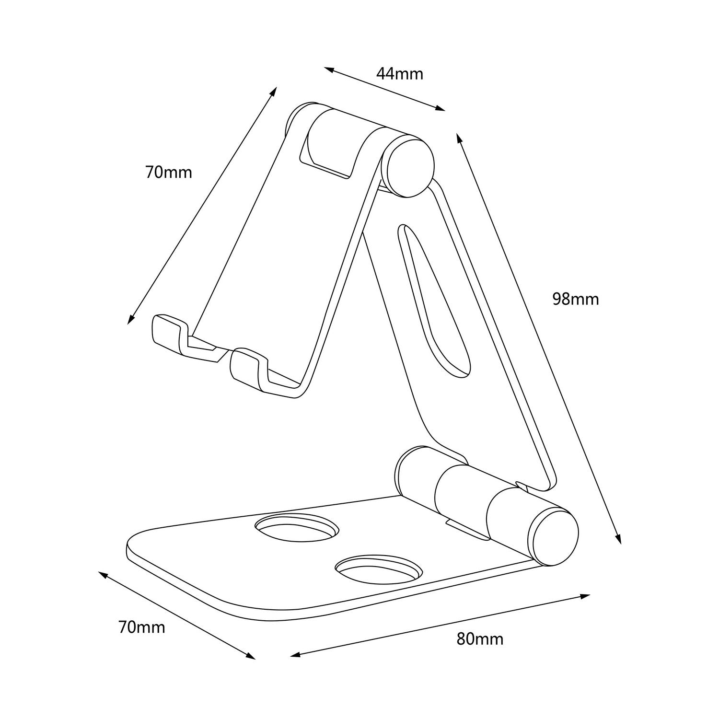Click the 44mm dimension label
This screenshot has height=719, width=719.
point(399,74)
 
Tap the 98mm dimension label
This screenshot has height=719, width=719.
point(575,299)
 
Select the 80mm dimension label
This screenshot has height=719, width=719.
point(480,638)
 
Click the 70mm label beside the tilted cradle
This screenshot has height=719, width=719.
point(168,172)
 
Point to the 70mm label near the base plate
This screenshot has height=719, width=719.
point(141,627)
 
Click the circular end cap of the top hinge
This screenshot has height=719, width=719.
point(410,165)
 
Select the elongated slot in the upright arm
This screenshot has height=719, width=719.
point(434,297)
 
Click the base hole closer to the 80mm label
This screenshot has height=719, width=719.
point(379,569)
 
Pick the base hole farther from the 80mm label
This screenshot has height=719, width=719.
point(297,526)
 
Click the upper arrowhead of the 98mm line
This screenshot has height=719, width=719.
point(459,138)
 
